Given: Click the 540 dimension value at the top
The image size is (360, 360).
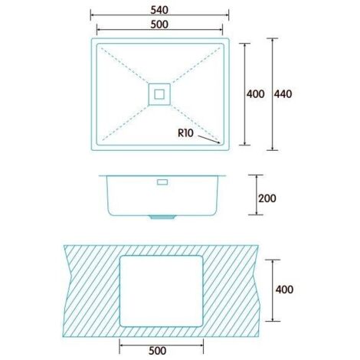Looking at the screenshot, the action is [159, 10].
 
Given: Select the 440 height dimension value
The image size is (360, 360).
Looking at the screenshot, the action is [283, 94].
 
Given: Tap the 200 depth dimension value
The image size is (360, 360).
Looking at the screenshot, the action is [267, 198].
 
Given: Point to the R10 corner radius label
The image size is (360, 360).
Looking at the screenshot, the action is [186, 133].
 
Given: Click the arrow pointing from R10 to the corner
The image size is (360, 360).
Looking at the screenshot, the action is [209, 139].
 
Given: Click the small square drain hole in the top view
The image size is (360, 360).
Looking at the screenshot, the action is [159, 94].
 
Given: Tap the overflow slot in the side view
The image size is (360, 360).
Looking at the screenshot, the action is [162, 182].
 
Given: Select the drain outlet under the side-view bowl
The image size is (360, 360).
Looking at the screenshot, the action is [162, 217].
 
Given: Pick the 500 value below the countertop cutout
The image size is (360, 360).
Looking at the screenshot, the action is [158, 351].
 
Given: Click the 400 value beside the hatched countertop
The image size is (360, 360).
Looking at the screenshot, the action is [284, 290].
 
